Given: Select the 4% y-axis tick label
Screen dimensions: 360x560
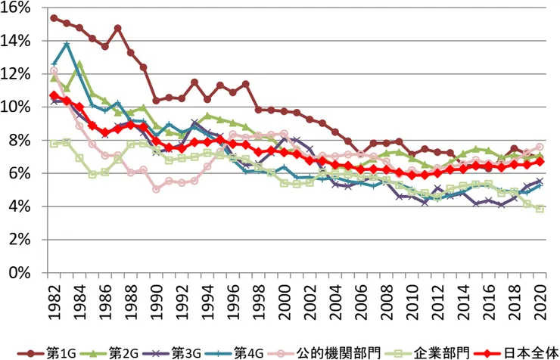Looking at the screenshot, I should coord(20,206).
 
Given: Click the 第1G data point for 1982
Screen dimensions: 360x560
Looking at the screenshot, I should coord(54,17).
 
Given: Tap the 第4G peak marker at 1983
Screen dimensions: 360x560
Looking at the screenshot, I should coord(67,45).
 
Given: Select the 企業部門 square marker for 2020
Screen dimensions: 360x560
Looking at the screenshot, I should coord(540,209).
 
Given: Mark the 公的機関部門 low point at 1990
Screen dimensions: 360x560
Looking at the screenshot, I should coord(156,189).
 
